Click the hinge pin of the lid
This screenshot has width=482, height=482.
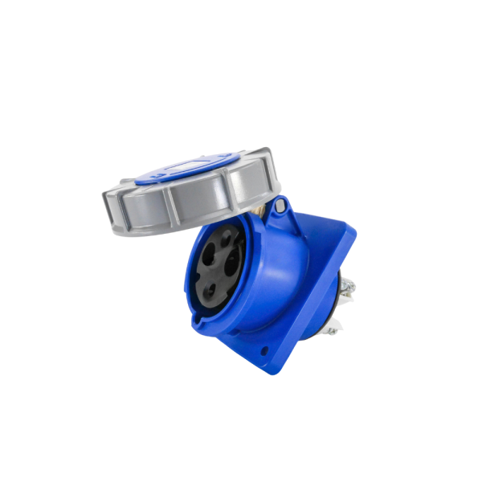(x=278, y=207)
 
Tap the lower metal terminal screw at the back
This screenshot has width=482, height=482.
(x=337, y=321)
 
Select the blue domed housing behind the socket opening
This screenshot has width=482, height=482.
(x=277, y=265)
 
